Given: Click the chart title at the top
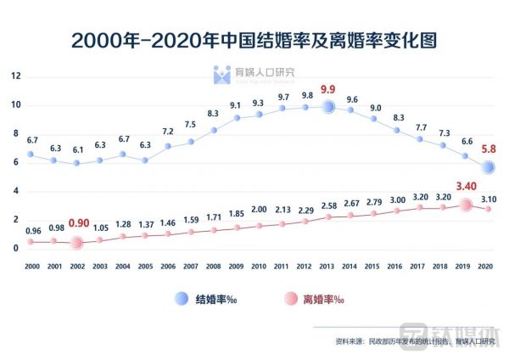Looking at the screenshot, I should tap(254, 40).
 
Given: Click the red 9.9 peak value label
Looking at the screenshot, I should tap(328, 89).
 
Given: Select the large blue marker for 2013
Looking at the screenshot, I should tap(328, 107).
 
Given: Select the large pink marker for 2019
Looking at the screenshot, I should tap(465, 205).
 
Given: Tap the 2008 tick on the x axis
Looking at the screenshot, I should tap(214, 266).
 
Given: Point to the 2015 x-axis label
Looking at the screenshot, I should tap(373, 266).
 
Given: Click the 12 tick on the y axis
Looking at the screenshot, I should tap(15, 76).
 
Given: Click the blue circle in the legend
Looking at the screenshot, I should tap(182, 299).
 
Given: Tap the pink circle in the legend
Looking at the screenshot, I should tap(289, 299).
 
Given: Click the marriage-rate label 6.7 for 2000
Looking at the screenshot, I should tap(33, 140).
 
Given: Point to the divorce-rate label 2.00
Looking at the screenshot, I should tap(259, 209).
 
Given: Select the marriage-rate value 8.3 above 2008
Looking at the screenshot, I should tap(214, 114).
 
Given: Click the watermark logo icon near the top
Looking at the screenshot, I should tap(221, 76).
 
